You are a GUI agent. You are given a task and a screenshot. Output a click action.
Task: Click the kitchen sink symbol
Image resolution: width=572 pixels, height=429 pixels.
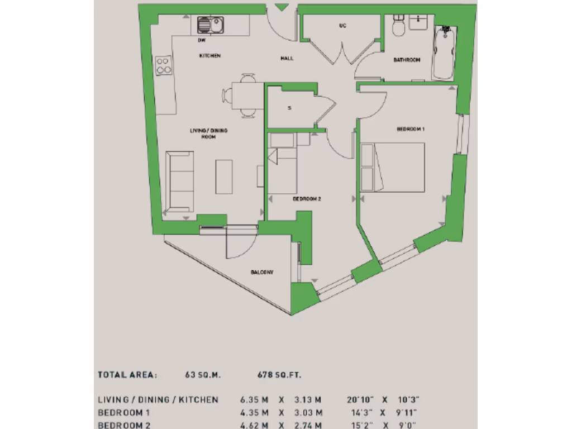pos(210,25)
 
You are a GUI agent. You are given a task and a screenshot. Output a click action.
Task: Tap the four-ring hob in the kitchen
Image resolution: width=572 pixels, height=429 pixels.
pos(164,65)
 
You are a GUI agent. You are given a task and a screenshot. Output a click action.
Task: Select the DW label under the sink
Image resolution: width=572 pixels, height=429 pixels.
pos(201,40)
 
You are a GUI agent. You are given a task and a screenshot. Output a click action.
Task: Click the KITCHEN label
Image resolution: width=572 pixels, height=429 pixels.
pos(210,56)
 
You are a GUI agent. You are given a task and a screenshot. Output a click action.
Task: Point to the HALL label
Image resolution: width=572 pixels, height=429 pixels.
pos(287,58)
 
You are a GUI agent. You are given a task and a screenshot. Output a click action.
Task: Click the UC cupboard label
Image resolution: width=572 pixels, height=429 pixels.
pos(342,26)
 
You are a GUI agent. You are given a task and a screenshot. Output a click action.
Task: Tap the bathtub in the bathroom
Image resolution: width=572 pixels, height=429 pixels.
pos(444,53)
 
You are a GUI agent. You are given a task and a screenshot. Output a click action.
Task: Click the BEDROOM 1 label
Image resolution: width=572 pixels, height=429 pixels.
pos(411,129)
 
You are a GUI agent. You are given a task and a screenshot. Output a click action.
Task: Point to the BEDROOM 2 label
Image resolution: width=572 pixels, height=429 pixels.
pos(307,198)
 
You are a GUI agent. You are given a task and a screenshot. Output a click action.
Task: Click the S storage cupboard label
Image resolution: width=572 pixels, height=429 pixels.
pos(289,108)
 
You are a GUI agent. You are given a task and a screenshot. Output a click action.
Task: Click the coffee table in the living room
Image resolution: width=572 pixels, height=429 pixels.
pos(224,177)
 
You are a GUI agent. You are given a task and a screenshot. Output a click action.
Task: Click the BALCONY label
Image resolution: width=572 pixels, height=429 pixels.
pos(262,272)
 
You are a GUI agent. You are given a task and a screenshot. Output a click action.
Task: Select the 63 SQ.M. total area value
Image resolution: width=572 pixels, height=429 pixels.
pos(203,375)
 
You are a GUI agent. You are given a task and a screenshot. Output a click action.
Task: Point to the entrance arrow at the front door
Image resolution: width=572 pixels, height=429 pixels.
pos(283,7)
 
